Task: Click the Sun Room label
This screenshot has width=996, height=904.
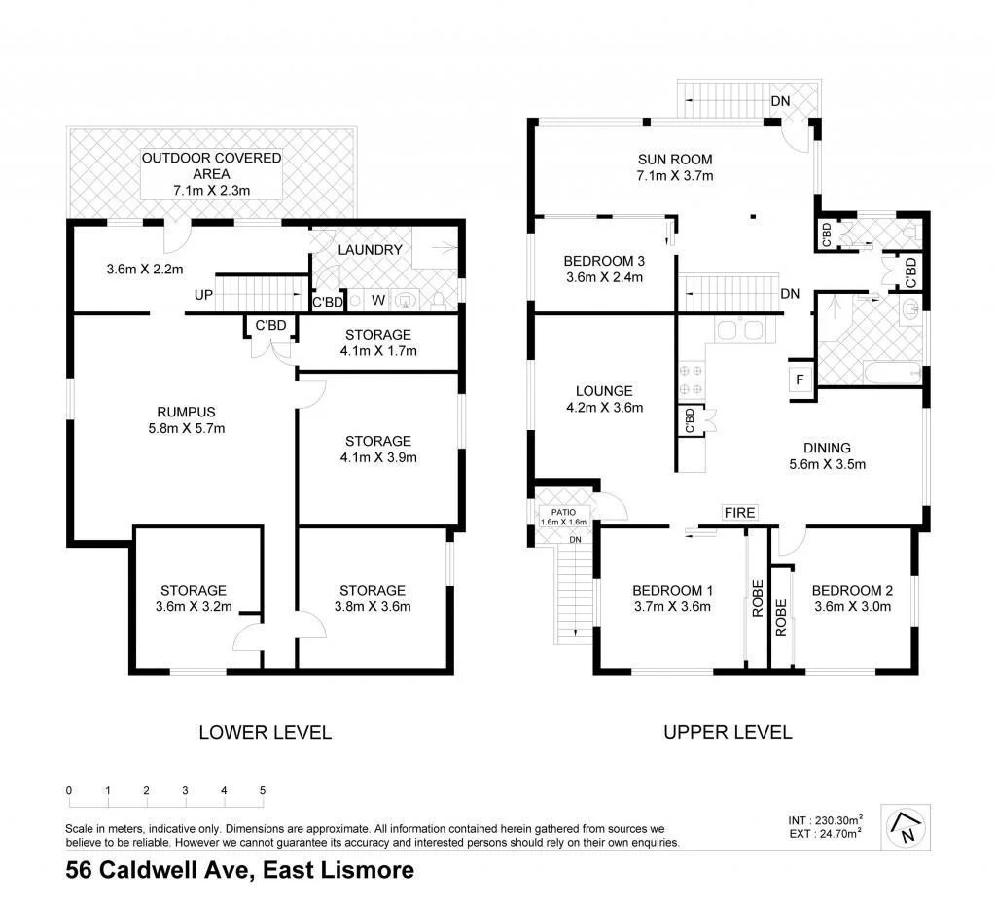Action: pyautogui.click(x=675, y=160)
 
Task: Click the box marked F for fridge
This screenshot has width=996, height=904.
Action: pyautogui.click(x=800, y=380)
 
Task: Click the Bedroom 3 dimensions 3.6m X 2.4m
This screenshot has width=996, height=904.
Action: pyautogui.click(x=603, y=278)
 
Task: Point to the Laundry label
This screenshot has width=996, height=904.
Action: pyautogui.click(x=370, y=250)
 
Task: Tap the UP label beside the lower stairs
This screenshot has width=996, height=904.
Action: pyautogui.click(x=203, y=294)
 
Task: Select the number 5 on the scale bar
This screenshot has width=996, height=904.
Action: pyautogui.click(x=263, y=790)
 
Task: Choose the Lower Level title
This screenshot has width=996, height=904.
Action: pyautogui.click(x=265, y=732)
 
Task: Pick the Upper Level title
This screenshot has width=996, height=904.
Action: pyautogui.click(x=728, y=732)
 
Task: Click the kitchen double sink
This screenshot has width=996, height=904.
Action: pyautogui.click(x=739, y=329)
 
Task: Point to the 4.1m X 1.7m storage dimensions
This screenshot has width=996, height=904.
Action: pyautogui.click(x=377, y=351)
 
